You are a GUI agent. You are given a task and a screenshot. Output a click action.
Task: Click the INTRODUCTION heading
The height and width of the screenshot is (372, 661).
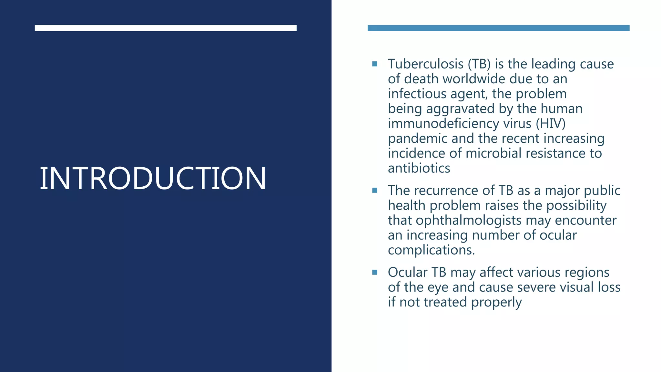coord(153,178)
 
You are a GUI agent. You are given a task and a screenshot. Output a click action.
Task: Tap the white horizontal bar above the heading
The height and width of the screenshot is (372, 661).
coord(166,28)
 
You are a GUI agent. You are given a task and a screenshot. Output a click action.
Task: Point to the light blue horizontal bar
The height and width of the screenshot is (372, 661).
coord(498,28)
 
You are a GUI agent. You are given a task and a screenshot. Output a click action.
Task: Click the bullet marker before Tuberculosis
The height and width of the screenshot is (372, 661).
coord(375,64)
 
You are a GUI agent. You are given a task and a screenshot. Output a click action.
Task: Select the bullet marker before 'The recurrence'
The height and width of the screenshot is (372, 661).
coord(375,191)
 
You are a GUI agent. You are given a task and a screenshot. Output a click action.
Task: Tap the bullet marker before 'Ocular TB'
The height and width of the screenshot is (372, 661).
coord(375,272)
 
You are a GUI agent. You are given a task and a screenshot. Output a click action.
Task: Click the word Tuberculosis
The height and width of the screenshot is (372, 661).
coord(425,64)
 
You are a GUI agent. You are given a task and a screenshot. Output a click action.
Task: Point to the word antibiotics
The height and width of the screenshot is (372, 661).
coord(419,168)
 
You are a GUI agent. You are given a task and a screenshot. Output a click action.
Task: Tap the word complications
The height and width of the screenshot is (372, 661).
coord(431,250)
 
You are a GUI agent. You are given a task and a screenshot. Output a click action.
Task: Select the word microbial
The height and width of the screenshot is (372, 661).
coord(493,153)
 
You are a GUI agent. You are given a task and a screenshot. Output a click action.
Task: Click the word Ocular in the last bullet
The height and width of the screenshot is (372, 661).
coord(407,272)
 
